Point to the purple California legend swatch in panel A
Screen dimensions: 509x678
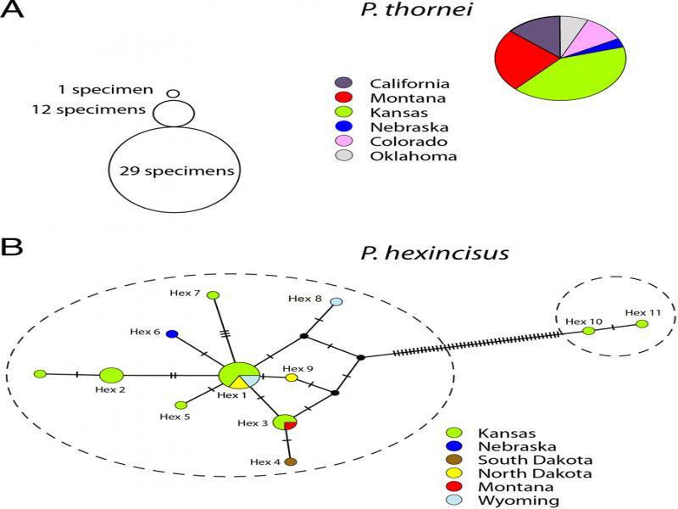pyautogui.click(x=343, y=83)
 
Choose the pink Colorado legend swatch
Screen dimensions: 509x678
pyautogui.click(x=343, y=142)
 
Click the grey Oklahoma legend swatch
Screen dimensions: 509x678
pyautogui.click(x=343, y=156)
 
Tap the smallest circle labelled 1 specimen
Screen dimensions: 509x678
pyautogui.click(x=173, y=93)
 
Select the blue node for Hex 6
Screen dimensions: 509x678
pyautogui.click(x=171, y=334)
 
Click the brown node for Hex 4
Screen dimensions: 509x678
pyautogui.click(x=291, y=461)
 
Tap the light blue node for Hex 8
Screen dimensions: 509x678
pyautogui.click(x=336, y=302)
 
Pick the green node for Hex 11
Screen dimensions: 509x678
pyautogui.click(x=642, y=323)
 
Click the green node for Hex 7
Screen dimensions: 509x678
pyautogui.click(x=214, y=295)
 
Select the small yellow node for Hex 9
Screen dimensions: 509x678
pyautogui.click(x=292, y=378)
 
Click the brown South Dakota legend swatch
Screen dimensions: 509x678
pyautogui.click(x=452, y=458)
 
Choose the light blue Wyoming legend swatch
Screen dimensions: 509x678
pyautogui.click(x=452, y=501)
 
